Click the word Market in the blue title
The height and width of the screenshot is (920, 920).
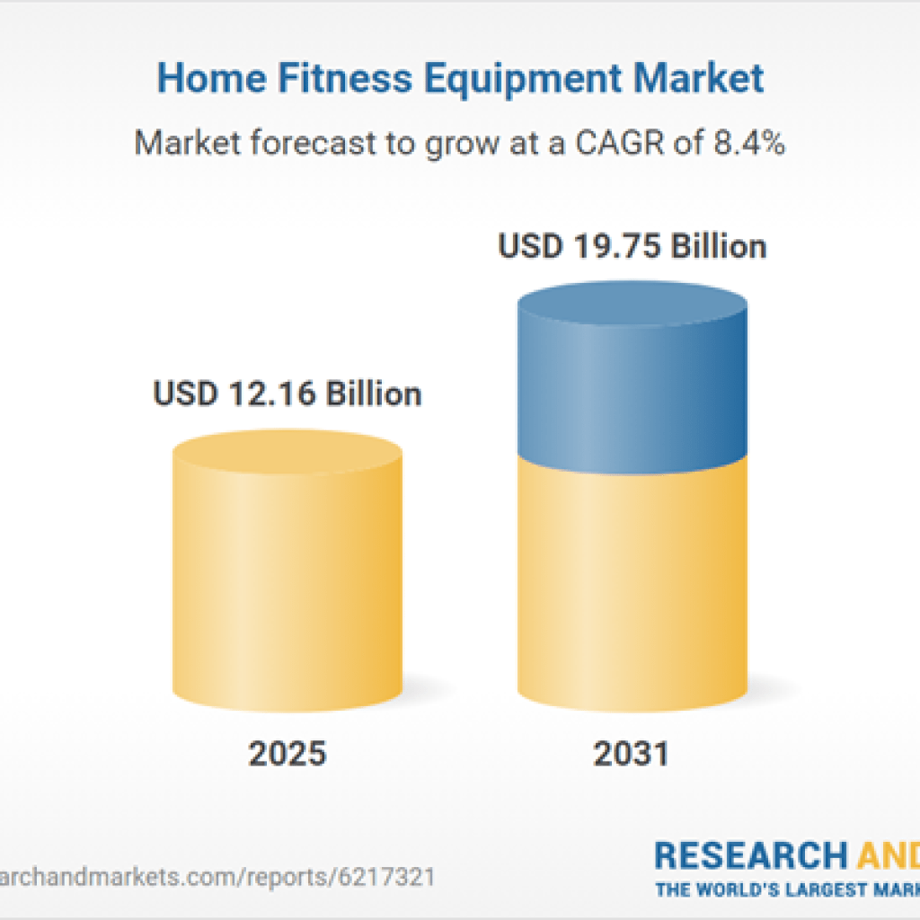pos(697,78)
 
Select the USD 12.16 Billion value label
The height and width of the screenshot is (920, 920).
pos(287,394)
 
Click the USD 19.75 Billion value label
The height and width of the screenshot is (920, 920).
pos(632,246)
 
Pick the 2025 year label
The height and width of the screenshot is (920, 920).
pos(287,753)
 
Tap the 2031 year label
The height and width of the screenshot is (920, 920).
pos(631,753)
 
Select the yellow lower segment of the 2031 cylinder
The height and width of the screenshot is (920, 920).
pos(632,584)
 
